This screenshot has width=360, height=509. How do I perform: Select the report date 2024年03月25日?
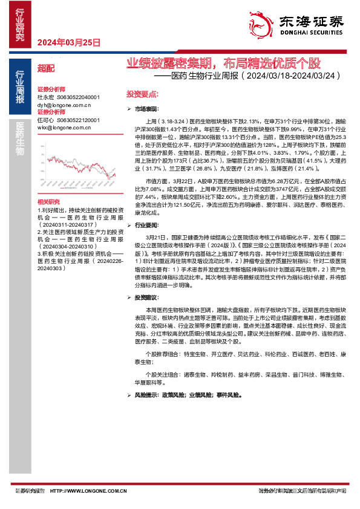click(x=68, y=42)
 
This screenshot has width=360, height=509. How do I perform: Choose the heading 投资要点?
click(x=142, y=94)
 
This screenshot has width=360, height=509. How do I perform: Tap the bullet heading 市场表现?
click(x=146, y=108)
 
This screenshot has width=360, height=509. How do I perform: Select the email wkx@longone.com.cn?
click(x=64, y=128)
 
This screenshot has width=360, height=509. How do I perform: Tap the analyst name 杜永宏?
click(x=45, y=97)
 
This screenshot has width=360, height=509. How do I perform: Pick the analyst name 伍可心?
click(x=45, y=120)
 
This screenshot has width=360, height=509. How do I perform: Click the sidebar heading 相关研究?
click(x=49, y=184)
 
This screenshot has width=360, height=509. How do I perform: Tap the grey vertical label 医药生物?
click(x=20, y=140)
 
